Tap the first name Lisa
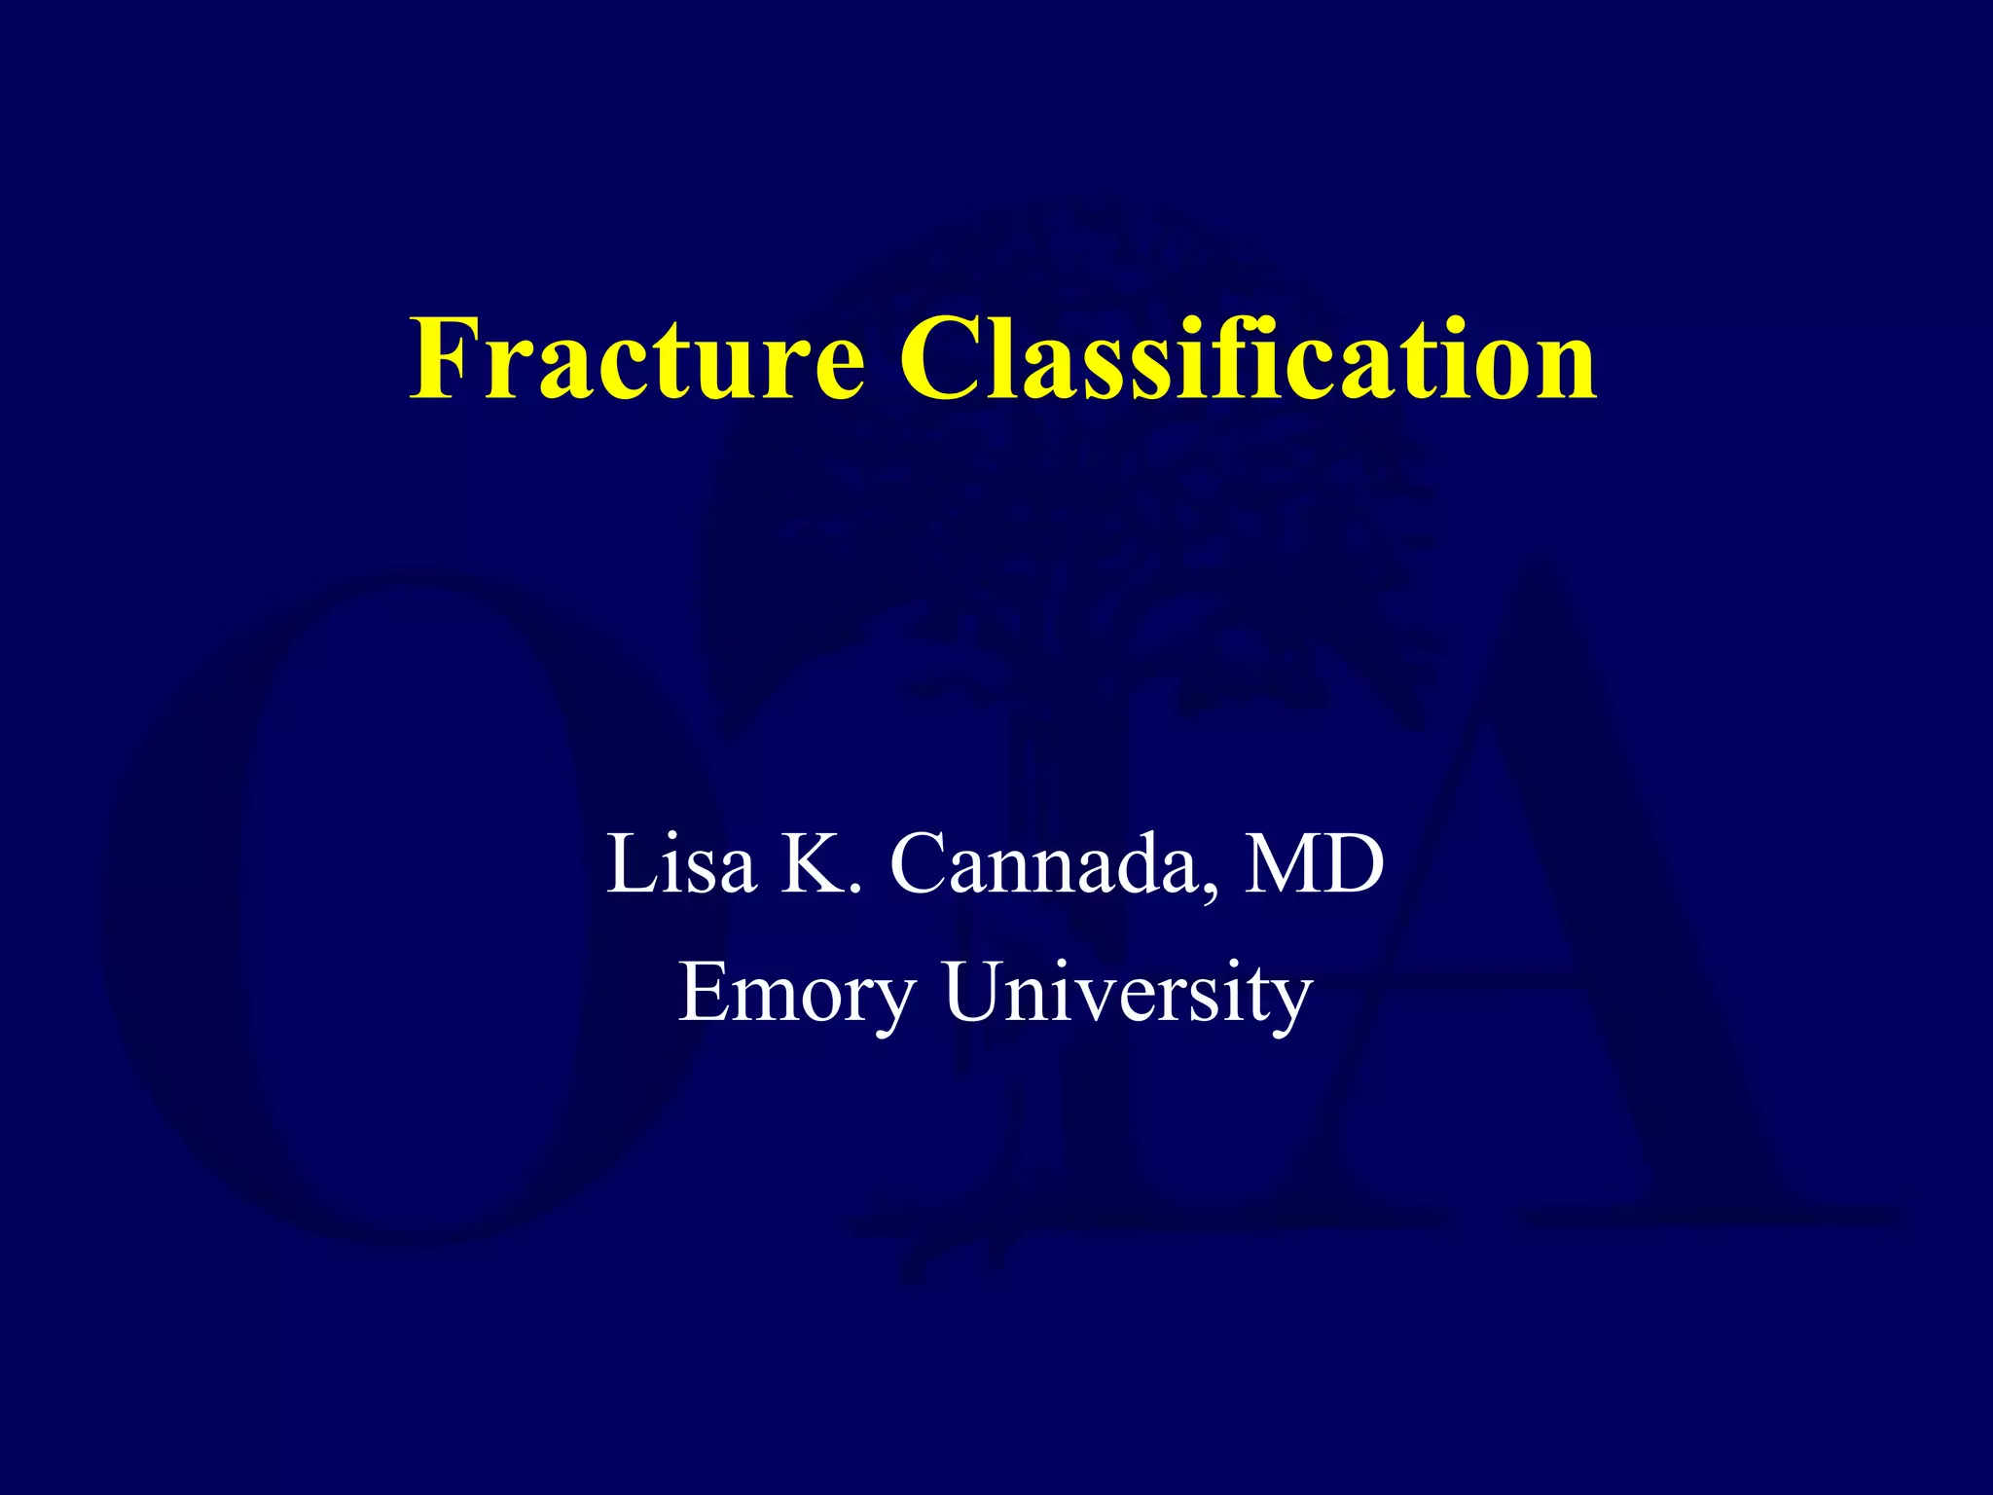[681, 863]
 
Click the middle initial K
[812, 863]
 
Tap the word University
[1128, 993]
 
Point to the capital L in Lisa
[630, 863]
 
